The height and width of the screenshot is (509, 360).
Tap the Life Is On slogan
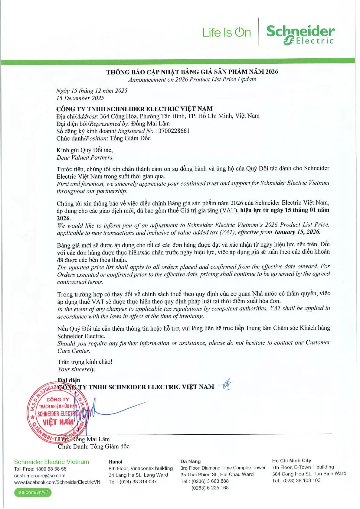tap(226, 33)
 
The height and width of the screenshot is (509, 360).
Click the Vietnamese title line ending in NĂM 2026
tap(192, 72)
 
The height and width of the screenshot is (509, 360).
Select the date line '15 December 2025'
tap(80, 98)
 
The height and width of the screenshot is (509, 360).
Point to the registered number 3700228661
tap(174, 131)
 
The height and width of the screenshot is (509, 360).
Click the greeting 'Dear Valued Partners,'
tap(85, 157)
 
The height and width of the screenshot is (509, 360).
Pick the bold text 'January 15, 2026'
tap(296, 232)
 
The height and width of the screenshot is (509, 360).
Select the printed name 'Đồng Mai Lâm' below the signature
tap(90, 439)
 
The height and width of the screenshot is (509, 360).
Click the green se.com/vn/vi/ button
tap(33, 492)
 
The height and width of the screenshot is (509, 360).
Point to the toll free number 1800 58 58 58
tap(51, 469)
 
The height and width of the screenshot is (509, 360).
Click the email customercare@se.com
tap(40, 476)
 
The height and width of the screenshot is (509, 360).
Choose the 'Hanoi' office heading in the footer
tap(115, 462)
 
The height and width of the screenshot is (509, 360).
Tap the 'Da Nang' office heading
tap(190, 462)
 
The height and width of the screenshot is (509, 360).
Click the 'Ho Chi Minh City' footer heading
tap(291, 461)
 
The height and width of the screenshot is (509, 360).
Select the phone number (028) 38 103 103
tap(301, 481)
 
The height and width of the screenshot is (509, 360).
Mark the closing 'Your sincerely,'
tap(76, 369)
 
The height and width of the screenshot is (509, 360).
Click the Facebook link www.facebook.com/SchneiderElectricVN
tap(57, 482)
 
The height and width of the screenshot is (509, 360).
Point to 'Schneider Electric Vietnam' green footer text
tap(51, 462)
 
